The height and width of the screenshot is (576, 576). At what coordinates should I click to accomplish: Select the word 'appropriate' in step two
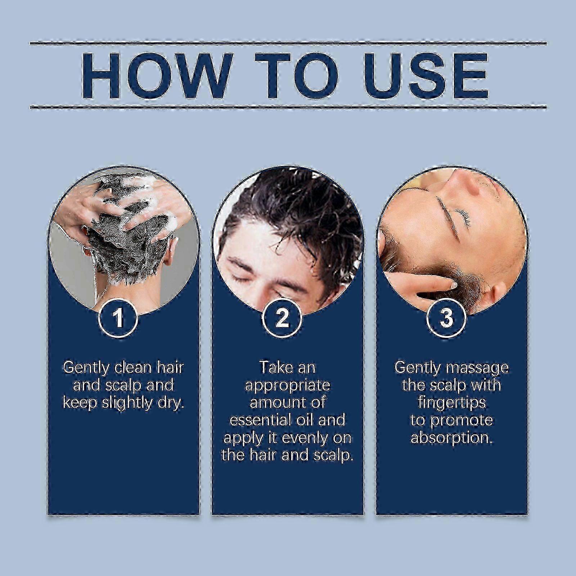pos(287,386)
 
